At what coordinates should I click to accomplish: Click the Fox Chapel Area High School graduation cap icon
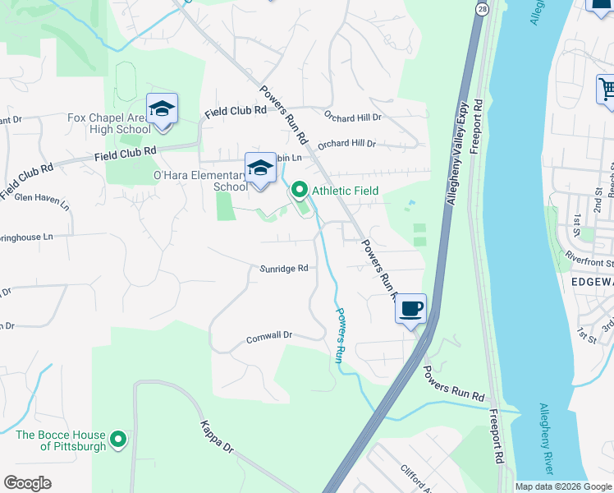coord(162,109)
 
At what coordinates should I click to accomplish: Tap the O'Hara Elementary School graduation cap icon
coord(260,168)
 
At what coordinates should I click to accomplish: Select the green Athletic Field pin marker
coord(300,191)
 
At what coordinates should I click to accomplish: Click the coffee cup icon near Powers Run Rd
coord(411,310)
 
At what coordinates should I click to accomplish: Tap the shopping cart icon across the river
coord(606,88)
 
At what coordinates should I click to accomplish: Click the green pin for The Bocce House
coord(118,440)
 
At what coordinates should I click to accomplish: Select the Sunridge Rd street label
coord(284,269)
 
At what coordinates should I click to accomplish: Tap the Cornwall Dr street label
coord(269,336)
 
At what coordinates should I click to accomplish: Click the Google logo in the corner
coord(27,483)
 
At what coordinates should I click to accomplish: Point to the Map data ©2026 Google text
coord(563,486)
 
